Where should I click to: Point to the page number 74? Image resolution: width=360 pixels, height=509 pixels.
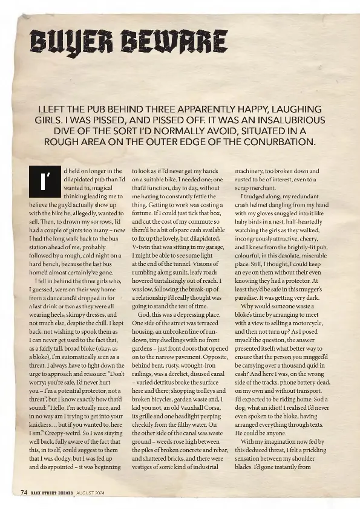24,493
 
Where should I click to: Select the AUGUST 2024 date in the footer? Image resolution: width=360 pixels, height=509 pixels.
90,493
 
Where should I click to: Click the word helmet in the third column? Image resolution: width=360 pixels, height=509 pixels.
265,205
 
